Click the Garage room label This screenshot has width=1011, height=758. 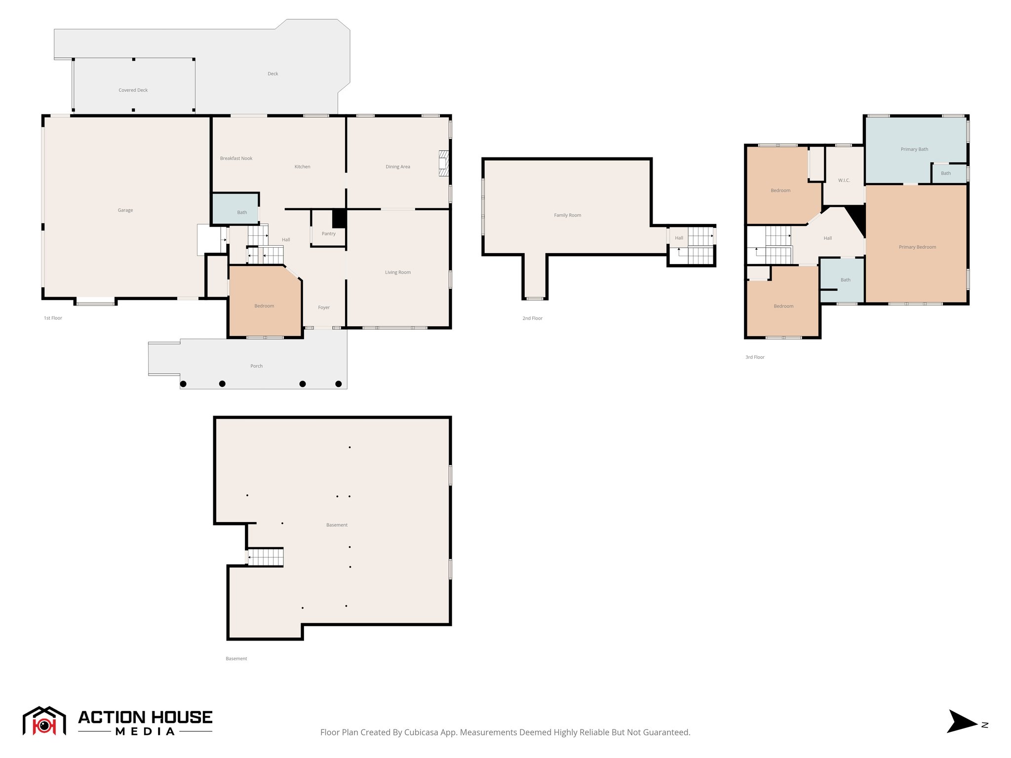point(125,210)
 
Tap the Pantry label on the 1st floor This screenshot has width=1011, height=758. point(328,234)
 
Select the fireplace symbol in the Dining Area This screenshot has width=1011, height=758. point(444,163)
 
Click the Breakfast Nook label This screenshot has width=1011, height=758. point(236,158)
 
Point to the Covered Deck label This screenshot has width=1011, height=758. point(133,90)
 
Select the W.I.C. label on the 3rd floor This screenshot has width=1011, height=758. point(844,181)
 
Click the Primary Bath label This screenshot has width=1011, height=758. point(914,150)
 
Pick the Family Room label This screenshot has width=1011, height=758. point(567,215)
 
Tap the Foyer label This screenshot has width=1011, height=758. point(324,307)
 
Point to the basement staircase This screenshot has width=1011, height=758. point(266,558)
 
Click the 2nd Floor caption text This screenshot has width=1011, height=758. point(532,318)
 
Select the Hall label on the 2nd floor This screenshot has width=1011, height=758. point(679,238)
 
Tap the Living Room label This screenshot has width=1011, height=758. point(397,272)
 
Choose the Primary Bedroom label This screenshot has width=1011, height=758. point(917,247)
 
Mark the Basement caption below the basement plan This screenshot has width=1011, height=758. point(236,658)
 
